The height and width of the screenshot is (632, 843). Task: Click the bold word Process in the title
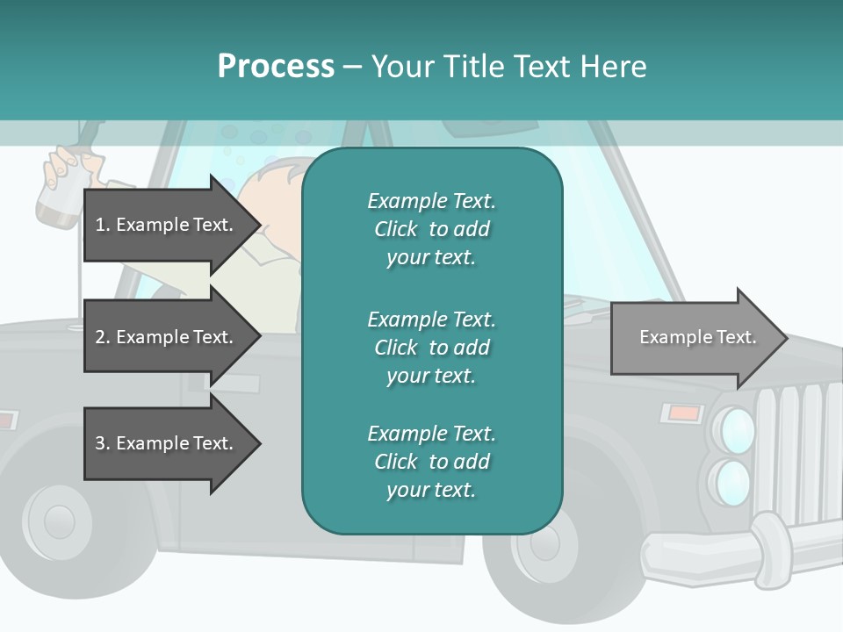[276, 67]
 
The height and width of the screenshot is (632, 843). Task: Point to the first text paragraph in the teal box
[431, 229]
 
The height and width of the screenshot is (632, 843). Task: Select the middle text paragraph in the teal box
[431, 347]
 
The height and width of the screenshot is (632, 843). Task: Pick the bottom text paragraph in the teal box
[431, 462]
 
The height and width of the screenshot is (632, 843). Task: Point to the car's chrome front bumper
[738, 549]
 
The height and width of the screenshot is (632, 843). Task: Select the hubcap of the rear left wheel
[57, 521]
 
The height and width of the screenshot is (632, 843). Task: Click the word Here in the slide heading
[614, 67]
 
